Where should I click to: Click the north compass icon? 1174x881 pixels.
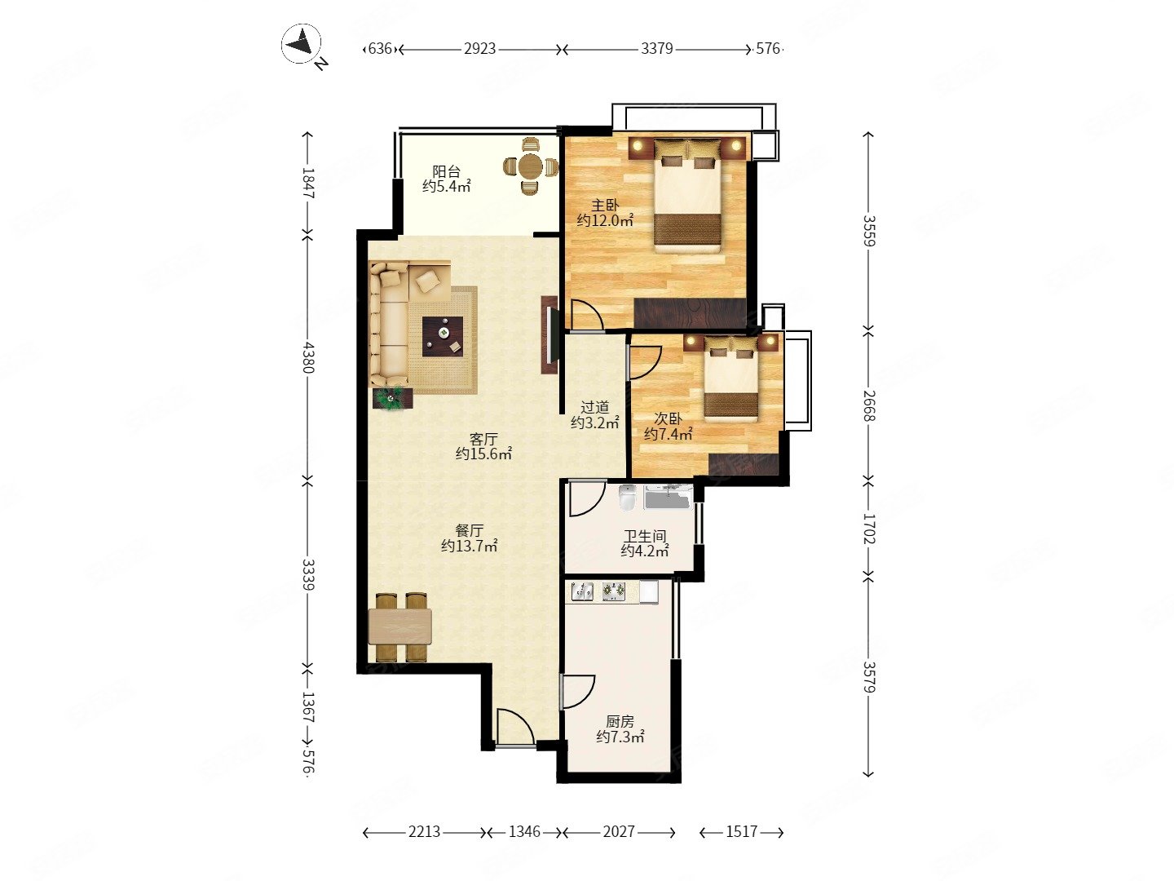click(301, 44)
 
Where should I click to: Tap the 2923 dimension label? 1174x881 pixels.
click(479, 49)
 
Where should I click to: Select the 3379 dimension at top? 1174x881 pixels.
click(656, 49)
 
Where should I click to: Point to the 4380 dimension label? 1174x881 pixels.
click(308, 357)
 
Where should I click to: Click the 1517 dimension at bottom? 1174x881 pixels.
click(741, 831)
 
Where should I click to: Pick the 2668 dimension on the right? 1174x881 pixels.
click(868, 405)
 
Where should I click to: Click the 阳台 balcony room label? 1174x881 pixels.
click(446, 171)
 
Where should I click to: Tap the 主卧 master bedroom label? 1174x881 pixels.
click(604, 206)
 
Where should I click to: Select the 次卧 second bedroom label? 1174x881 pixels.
click(668, 418)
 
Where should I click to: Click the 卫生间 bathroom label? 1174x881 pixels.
click(645, 536)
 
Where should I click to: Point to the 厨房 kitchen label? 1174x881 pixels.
click(620, 722)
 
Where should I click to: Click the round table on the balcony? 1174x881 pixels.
click(531, 166)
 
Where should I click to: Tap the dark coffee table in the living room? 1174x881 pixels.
click(443, 336)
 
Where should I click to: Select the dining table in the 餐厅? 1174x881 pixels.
click(399, 626)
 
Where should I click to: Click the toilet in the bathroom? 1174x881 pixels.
click(627, 498)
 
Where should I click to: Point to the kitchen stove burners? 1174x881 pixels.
click(613, 590)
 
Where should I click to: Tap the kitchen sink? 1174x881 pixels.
click(582, 591)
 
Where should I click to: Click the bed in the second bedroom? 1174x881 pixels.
click(730, 379)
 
